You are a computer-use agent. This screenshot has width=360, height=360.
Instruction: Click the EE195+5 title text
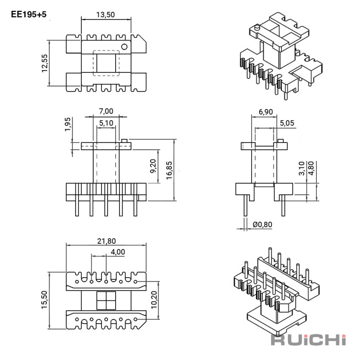[29, 14]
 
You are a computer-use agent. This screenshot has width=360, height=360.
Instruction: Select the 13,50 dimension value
[105, 15]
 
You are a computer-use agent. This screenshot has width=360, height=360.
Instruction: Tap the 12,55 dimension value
[45, 63]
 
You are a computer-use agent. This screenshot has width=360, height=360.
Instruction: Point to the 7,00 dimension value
[106, 112]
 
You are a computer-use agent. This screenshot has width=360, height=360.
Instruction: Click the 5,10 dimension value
[106, 123]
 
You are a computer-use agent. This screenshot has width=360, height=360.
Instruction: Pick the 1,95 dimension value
[68, 124]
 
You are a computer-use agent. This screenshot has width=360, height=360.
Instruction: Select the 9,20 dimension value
[153, 166]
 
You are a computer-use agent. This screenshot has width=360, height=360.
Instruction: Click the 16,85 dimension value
[169, 170]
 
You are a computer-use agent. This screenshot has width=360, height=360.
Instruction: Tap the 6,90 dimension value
[266, 112]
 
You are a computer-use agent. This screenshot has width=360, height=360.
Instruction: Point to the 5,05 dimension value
[287, 123]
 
